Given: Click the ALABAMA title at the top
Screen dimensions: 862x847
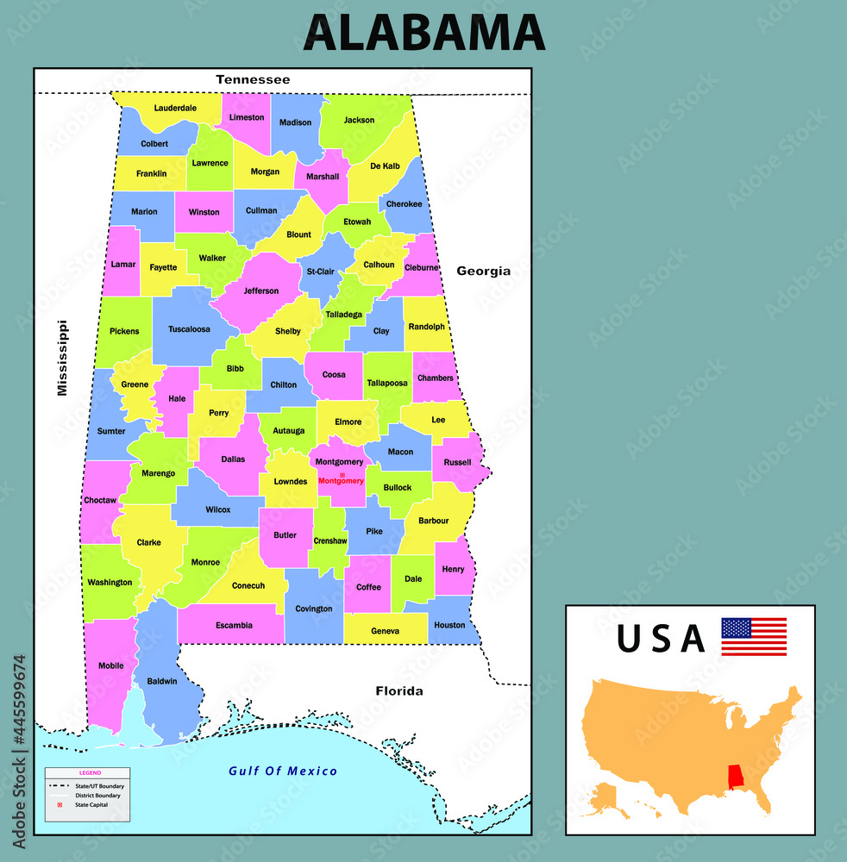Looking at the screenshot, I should (x=423, y=33).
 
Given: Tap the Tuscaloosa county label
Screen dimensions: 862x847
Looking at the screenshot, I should (x=189, y=329).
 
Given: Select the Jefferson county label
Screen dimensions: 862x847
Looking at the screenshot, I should (x=261, y=291).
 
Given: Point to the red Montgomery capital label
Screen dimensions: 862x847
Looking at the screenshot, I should (x=342, y=481).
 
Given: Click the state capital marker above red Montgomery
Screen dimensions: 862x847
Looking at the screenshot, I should (x=342, y=474).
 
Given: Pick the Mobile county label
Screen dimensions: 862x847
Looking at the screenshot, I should (x=111, y=665).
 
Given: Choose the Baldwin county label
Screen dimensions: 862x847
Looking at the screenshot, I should (x=162, y=681).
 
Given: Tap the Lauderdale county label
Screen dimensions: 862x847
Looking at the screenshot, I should (x=175, y=109).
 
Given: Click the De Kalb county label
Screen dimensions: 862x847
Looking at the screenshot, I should (x=385, y=166).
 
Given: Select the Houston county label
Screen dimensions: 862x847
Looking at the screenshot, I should (x=449, y=625).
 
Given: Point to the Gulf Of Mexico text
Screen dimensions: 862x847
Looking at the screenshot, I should (x=283, y=771).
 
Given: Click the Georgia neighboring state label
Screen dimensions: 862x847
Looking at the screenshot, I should (x=483, y=271).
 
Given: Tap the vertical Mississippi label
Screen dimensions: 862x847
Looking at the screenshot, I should (x=61, y=358).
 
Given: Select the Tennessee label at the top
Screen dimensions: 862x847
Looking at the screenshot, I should (x=253, y=79).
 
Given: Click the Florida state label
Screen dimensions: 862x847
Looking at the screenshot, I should (x=398, y=690).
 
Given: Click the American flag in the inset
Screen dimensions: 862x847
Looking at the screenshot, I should (x=753, y=636).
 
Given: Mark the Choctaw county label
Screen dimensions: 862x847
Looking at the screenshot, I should (x=100, y=500).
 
